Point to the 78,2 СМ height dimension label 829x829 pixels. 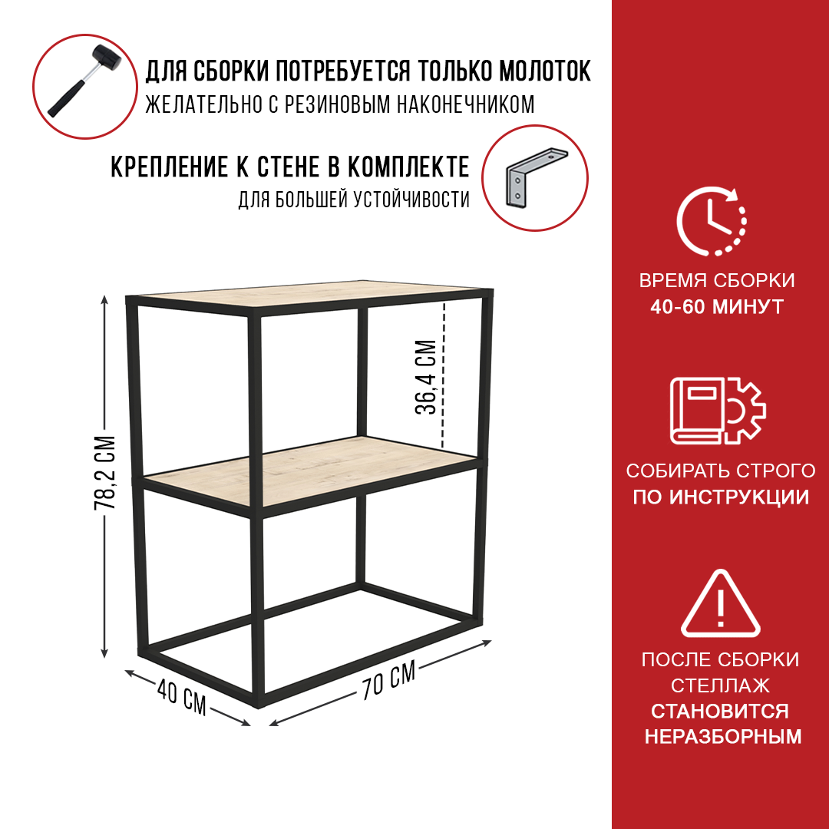click(x=104, y=473)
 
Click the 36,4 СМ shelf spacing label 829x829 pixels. click(x=426, y=376)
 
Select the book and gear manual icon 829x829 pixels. click(x=718, y=411)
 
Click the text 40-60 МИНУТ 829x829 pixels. click(x=717, y=307)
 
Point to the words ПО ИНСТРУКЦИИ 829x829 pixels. click(x=721, y=497)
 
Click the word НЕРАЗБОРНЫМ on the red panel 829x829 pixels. click(x=723, y=737)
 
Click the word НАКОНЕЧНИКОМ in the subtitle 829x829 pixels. click(x=465, y=104)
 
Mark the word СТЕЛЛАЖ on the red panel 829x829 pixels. click(x=720, y=685)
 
